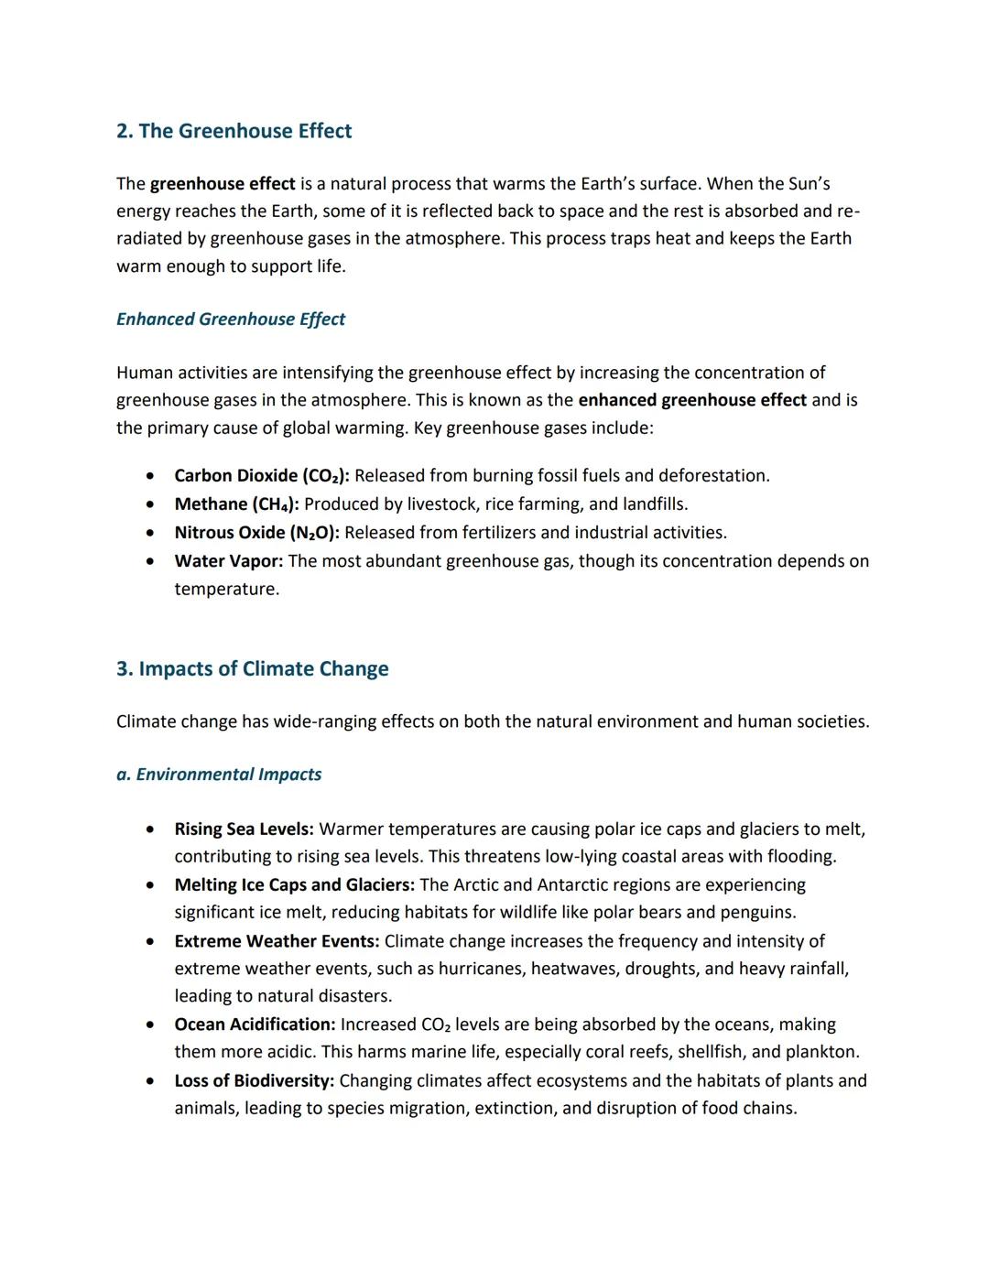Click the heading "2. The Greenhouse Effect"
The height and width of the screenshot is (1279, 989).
point(234,131)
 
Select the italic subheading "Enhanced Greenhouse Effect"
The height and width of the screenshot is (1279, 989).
point(231,319)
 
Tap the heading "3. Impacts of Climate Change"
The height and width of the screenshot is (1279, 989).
point(252,668)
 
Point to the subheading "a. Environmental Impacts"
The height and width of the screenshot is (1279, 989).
point(219,774)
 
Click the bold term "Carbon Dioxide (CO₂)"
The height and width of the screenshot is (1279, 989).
point(261,475)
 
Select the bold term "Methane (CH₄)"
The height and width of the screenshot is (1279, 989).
point(236,504)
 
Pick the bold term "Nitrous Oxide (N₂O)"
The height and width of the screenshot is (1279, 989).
point(256,532)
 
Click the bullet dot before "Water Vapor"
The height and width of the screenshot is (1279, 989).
point(149,560)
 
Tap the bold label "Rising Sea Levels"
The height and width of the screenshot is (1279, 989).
point(244,829)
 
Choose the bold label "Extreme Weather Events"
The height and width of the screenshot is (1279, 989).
point(277,940)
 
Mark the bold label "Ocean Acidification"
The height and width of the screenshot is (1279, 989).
point(255,1024)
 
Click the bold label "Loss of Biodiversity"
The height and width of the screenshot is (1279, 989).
point(254,1080)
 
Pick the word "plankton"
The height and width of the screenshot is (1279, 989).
point(821,1051)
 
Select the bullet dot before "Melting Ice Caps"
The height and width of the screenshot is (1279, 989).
point(149,884)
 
